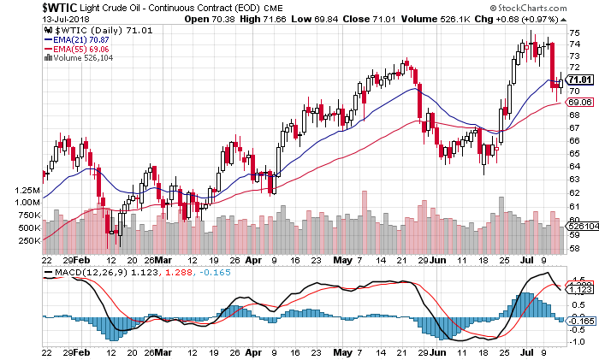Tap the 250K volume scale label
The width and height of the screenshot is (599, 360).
(x=28, y=241)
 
